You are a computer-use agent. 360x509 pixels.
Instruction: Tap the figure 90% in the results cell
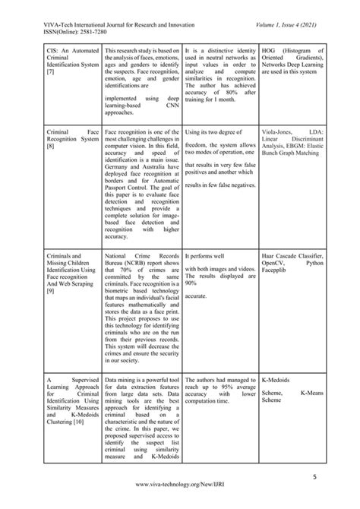tap(191, 282)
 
